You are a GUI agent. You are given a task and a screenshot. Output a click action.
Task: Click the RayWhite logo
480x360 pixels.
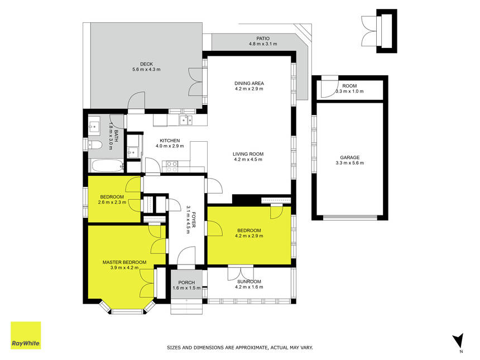click(26, 335)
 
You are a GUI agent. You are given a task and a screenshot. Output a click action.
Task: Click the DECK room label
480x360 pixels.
click(146, 64)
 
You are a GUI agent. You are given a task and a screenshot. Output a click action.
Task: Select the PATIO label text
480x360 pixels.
click(263, 39)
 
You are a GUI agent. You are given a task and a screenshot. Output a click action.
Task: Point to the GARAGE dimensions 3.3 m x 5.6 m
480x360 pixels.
click(349, 163)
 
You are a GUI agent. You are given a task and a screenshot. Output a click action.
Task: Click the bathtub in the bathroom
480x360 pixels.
click(106, 166)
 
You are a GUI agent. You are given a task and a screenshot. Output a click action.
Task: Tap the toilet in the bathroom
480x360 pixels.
click(94, 145)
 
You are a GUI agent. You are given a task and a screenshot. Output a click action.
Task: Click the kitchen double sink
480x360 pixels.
click(186, 120)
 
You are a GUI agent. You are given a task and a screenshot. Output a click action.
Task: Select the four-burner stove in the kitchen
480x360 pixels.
click(172, 166)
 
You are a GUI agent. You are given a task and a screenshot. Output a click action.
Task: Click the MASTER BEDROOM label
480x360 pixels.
click(124, 262)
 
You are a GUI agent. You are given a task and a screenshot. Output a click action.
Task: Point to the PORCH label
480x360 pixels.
click(186, 282)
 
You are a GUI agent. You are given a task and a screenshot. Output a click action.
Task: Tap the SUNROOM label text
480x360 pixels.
click(249, 282)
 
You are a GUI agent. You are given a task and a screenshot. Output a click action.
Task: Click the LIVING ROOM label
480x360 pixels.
click(248, 154)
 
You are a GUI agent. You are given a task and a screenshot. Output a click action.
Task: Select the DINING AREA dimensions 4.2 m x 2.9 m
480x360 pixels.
click(249, 89)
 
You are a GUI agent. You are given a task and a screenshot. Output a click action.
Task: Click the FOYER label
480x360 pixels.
click(194, 219)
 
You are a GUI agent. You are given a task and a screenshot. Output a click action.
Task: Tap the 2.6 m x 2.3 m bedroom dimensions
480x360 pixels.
click(112, 203)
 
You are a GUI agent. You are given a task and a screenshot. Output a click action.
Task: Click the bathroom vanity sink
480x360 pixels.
click(94, 126)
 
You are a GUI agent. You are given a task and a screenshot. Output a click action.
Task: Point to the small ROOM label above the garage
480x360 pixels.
click(349, 86)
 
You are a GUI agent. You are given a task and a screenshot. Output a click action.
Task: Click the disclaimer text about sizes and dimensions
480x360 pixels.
click(239, 348)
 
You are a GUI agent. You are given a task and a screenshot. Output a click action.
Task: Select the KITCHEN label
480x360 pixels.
click(170, 141)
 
